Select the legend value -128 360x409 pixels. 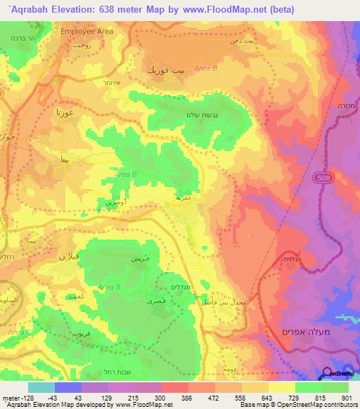14,397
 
